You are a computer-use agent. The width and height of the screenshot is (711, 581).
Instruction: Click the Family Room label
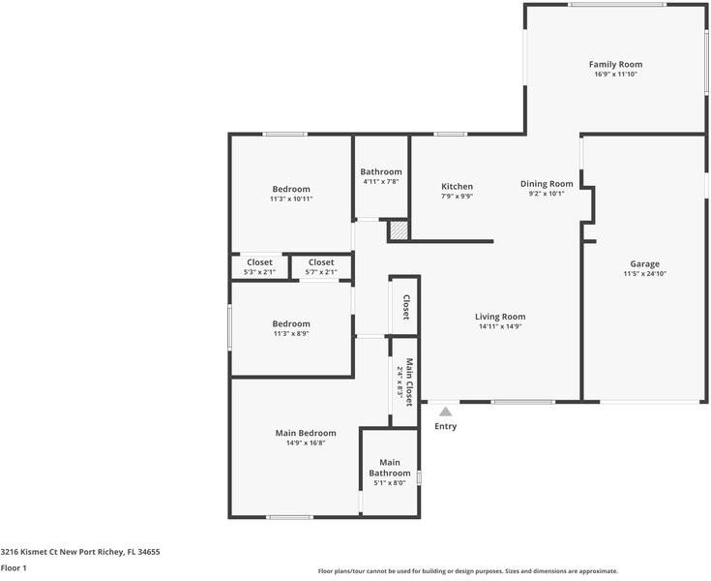pos(615,65)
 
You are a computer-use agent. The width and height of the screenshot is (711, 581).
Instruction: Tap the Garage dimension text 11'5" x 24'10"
pos(645,274)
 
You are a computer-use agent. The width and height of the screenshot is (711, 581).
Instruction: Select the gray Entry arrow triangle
pos(445,412)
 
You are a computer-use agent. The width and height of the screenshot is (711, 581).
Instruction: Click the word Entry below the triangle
pos(445,426)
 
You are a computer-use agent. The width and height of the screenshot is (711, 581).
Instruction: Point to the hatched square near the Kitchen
pos(399,230)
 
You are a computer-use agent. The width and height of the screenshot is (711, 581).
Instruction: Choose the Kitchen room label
pos(457,186)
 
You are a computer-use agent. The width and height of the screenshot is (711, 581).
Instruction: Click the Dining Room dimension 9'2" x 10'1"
pos(547,194)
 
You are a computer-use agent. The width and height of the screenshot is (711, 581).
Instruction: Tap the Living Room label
pos(500,317)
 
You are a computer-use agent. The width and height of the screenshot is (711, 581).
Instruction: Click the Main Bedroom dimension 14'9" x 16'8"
pos(305,443)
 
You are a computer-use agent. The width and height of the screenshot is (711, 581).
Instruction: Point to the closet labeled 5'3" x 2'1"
pos(259,266)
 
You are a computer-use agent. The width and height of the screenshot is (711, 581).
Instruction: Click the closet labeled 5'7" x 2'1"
pos(321,266)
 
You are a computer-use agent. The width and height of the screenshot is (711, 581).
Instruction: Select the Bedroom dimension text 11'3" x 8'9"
pos(290,334)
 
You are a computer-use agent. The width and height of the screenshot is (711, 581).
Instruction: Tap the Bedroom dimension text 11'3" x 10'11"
pos(291,199)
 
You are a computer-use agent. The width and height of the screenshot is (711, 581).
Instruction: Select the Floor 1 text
pos(14,568)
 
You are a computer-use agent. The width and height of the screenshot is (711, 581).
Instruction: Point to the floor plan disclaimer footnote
pos(467,571)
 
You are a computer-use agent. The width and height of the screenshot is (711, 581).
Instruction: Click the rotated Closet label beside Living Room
pos(406,307)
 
